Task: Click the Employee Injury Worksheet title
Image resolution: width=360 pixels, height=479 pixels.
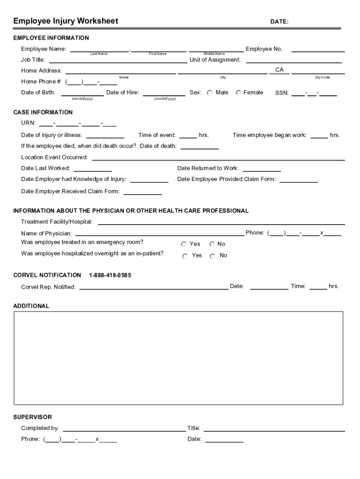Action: [65, 21]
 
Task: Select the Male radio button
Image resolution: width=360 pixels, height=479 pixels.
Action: [209, 93]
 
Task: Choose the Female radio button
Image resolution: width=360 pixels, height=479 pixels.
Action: [238, 93]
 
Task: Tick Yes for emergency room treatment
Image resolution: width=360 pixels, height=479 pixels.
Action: [184, 244]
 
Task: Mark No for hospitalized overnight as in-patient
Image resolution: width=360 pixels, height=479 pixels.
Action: [212, 256]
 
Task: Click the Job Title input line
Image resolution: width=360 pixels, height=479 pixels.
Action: [118, 60]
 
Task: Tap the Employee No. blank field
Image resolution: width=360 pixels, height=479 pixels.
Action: [318, 49]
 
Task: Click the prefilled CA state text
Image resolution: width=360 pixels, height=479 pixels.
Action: [279, 70]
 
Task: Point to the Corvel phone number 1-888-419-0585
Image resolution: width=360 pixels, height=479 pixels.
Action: [110, 276]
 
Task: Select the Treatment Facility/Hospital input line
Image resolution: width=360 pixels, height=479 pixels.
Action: [221, 222]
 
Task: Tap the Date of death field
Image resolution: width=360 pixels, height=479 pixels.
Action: [199, 146]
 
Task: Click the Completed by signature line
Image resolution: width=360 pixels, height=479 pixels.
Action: [124, 428]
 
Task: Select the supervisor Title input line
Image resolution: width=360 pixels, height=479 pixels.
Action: [274, 428]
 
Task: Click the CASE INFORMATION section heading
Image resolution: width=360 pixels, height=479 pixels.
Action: [43, 112]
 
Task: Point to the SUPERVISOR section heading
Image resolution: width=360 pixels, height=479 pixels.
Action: [33, 417]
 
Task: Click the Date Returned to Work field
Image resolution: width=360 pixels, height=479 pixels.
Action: [261, 168]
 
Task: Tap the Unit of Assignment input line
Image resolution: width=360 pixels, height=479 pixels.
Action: [294, 60]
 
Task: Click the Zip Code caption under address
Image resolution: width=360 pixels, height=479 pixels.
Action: [322, 77]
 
